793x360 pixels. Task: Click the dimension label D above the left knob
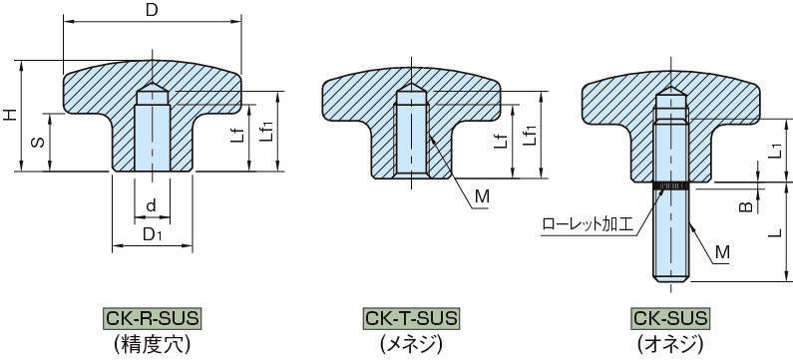point(151,11)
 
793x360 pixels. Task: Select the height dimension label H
point(11,116)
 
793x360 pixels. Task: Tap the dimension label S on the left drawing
point(37,142)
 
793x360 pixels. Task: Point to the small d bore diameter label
point(151,205)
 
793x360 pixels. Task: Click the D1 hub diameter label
point(152,234)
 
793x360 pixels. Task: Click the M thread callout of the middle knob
point(481,196)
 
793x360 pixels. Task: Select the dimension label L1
point(774,151)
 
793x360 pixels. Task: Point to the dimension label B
point(744,206)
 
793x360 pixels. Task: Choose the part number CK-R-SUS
point(152,319)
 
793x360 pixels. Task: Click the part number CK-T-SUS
point(411,319)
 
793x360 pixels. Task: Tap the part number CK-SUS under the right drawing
point(670,319)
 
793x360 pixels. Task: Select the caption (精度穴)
point(152,344)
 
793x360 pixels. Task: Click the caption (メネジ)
point(411,344)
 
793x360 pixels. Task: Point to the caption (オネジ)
point(670,344)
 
